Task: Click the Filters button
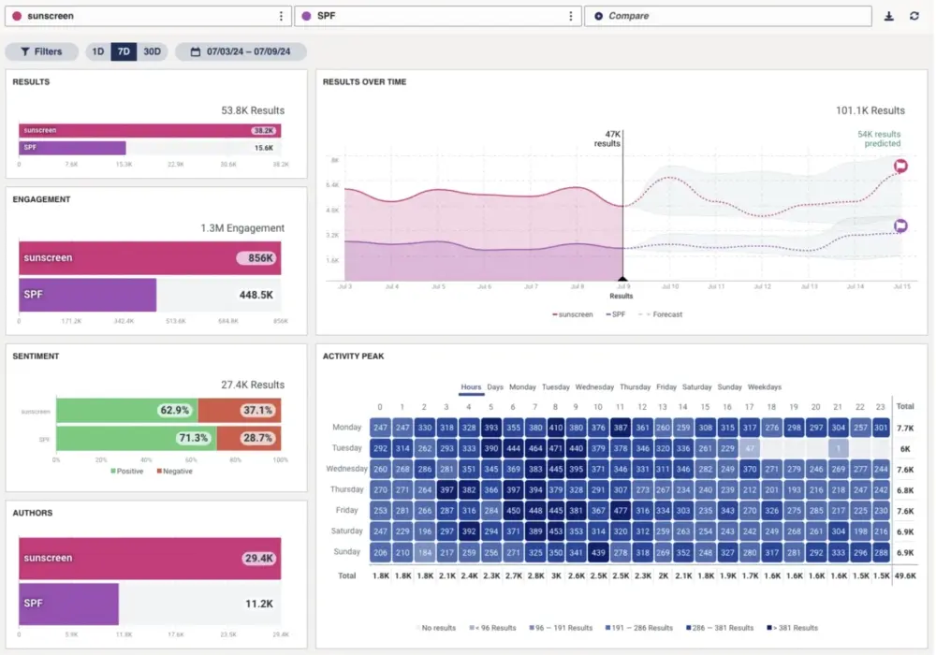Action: coord(42,52)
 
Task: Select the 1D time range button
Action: coord(97,52)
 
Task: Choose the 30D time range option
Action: coord(152,52)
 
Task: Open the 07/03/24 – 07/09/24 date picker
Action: coord(241,52)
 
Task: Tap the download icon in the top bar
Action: coord(889,16)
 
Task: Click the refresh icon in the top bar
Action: coord(914,16)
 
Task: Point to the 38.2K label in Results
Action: coord(263,132)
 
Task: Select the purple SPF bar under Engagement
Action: coord(88,295)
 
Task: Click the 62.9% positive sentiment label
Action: coord(174,410)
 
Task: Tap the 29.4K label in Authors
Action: coord(257,558)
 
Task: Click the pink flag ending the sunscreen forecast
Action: coord(900,167)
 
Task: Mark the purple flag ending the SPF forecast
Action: coord(900,226)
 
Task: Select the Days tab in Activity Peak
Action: coord(495,387)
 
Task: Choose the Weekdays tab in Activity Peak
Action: coord(765,387)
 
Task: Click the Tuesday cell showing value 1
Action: coord(838,448)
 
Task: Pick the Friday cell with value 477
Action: coord(620,510)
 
